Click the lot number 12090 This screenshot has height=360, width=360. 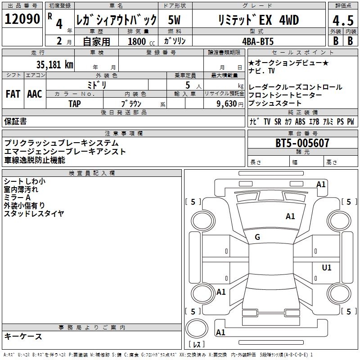[x=22, y=19]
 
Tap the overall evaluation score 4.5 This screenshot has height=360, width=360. [x=342, y=21]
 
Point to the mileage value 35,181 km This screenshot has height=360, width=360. [x=54, y=64]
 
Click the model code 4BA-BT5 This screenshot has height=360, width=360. [x=257, y=41]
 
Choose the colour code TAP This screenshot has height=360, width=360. [x=75, y=103]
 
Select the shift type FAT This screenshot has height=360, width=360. [x=13, y=94]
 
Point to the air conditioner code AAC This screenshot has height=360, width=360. [x=35, y=94]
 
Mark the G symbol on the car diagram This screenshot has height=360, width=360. [x=257, y=237]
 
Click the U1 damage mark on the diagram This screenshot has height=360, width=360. [x=327, y=268]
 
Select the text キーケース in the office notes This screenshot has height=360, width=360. [x=23, y=336]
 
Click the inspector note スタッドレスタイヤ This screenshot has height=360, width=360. [x=34, y=214]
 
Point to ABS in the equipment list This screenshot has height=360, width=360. [x=300, y=122]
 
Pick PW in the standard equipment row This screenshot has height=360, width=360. [x=350, y=122]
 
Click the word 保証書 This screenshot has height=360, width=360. [x=15, y=121]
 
